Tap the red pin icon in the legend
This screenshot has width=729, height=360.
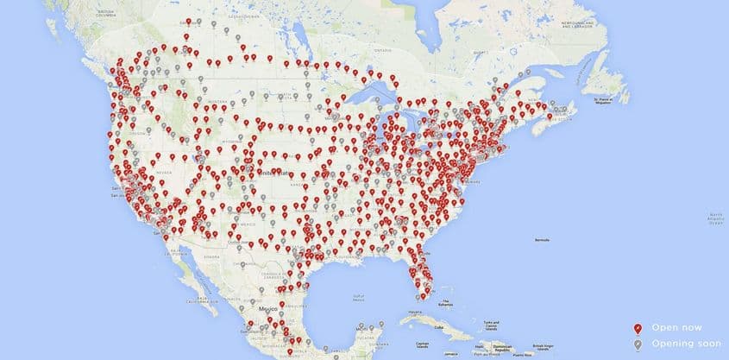click(x=637, y=327)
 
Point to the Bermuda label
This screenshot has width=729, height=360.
click(x=543, y=238)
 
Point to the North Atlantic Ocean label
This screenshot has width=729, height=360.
click(x=715, y=215)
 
